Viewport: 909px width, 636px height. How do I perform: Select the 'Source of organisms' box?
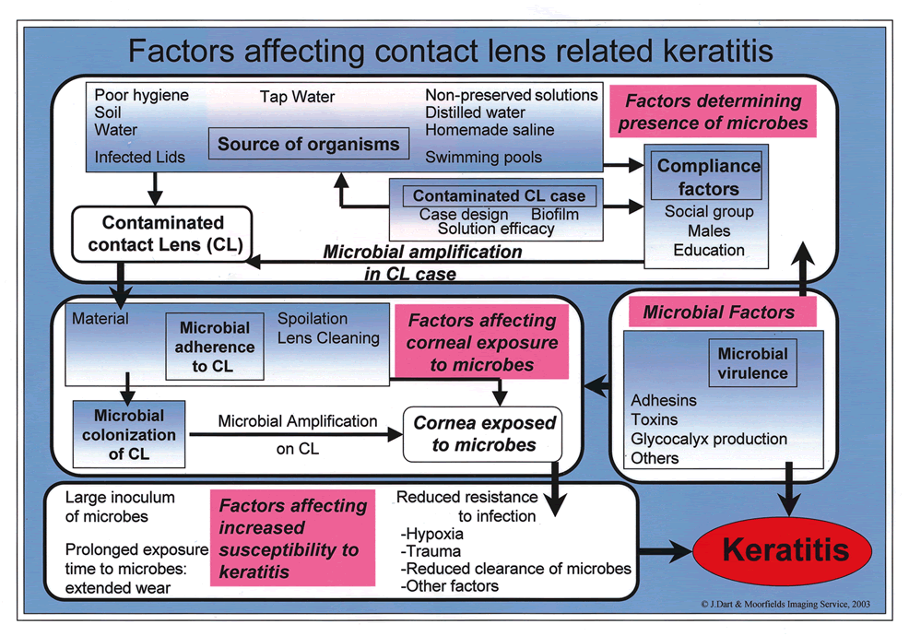click(x=308, y=144)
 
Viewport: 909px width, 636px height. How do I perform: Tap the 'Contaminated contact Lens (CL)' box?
click(x=162, y=233)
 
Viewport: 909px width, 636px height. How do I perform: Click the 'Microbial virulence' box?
click(x=753, y=363)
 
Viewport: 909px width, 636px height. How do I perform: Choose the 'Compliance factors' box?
click(x=709, y=178)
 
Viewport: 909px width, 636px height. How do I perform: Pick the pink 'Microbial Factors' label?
click(x=718, y=312)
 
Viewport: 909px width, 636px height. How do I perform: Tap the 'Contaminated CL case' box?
click(x=499, y=195)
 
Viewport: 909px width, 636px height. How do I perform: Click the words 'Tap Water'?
click(x=297, y=97)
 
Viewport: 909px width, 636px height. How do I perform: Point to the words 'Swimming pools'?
click(x=483, y=158)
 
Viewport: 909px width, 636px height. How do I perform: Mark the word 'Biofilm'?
click(x=555, y=213)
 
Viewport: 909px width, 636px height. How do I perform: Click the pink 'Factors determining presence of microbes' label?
click(x=712, y=112)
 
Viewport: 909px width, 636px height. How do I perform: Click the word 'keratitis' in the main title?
click(x=697, y=50)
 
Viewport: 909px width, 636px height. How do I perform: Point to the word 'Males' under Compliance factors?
click(x=708, y=230)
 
